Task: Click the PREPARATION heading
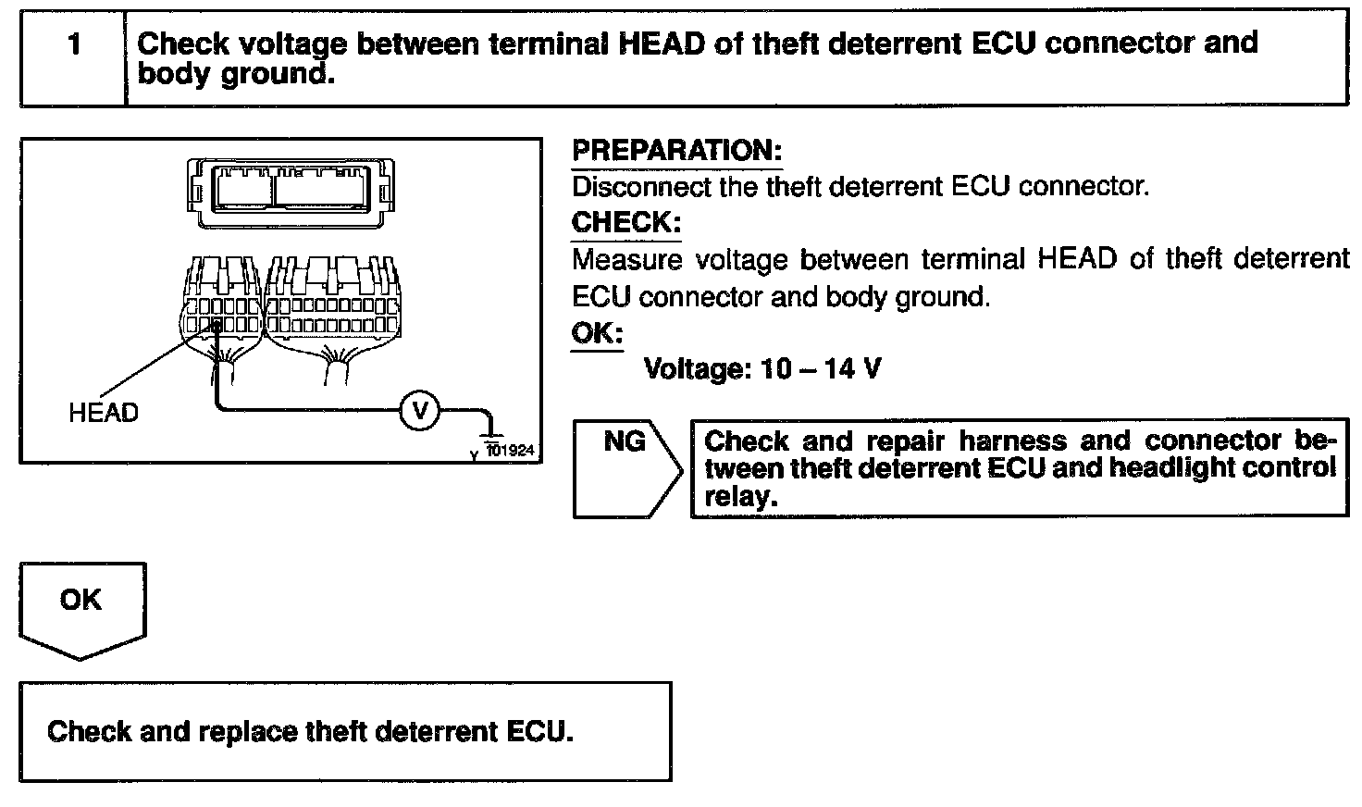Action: pyautogui.click(x=676, y=151)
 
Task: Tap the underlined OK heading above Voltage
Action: pyautogui.click(x=597, y=333)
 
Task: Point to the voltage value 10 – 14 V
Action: pyautogui.click(x=820, y=369)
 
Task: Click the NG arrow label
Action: pyautogui.click(x=625, y=442)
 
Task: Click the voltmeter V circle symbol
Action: pyautogui.click(x=419, y=410)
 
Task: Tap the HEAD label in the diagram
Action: pyautogui.click(x=103, y=413)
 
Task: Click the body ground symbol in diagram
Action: pyautogui.click(x=490, y=431)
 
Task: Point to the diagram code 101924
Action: pyautogui.click(x=511, y=452)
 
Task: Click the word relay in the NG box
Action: pyautogui.click(x=737, y=498)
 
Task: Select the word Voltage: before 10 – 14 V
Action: pyautogui.click(x=698, y=369)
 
